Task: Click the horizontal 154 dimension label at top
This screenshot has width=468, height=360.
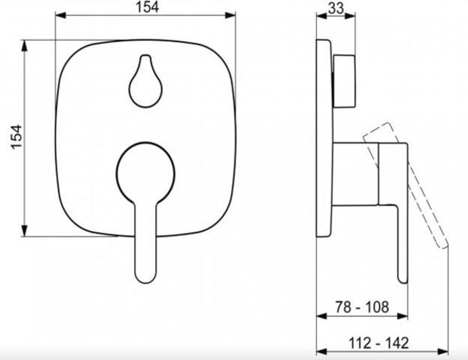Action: (147, 7)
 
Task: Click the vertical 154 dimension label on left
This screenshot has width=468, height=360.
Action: (17, 137)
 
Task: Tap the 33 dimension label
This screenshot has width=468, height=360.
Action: (336, 8)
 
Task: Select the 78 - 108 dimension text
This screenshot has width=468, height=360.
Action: (362, 307)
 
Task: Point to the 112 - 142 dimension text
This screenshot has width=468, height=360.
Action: (378, 343)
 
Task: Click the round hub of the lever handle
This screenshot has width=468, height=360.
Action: (145, 173)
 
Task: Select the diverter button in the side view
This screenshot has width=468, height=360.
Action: (344, 81)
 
